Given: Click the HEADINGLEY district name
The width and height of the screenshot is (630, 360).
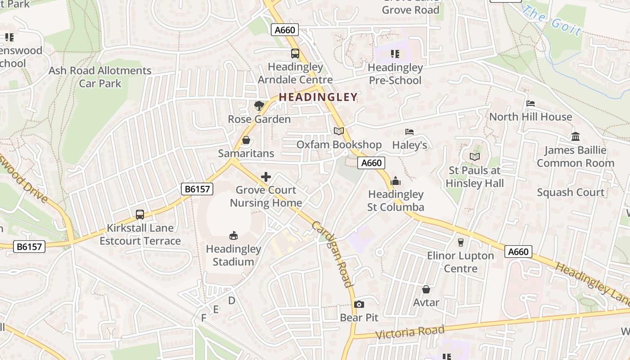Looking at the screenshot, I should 318,97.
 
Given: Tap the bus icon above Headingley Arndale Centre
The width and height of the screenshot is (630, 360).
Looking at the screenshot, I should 295,54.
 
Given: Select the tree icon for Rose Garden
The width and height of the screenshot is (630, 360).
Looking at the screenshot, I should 259,106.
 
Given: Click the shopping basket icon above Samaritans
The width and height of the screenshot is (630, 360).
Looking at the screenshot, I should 246,140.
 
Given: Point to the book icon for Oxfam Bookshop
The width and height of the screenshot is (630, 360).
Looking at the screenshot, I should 338,131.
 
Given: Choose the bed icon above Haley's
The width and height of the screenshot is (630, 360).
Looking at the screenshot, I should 409,132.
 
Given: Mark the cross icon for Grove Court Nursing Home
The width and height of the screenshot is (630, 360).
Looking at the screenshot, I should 266,177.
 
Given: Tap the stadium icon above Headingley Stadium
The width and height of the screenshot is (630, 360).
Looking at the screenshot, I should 233,235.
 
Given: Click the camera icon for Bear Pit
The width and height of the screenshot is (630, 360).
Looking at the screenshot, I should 359,305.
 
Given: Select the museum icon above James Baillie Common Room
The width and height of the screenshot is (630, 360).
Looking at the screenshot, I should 575,136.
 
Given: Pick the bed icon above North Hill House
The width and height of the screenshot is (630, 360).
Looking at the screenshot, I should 531,103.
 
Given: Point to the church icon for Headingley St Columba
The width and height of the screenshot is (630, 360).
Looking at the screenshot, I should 396,181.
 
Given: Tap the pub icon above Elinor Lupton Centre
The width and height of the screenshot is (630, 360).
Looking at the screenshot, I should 460,243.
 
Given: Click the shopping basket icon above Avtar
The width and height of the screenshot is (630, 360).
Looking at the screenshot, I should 426,289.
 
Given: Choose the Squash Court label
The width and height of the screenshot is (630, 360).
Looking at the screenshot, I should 570,192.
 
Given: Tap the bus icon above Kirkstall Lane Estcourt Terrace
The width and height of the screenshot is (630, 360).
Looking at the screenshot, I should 140,215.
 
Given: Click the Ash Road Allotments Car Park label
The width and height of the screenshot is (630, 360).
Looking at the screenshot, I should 100,77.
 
